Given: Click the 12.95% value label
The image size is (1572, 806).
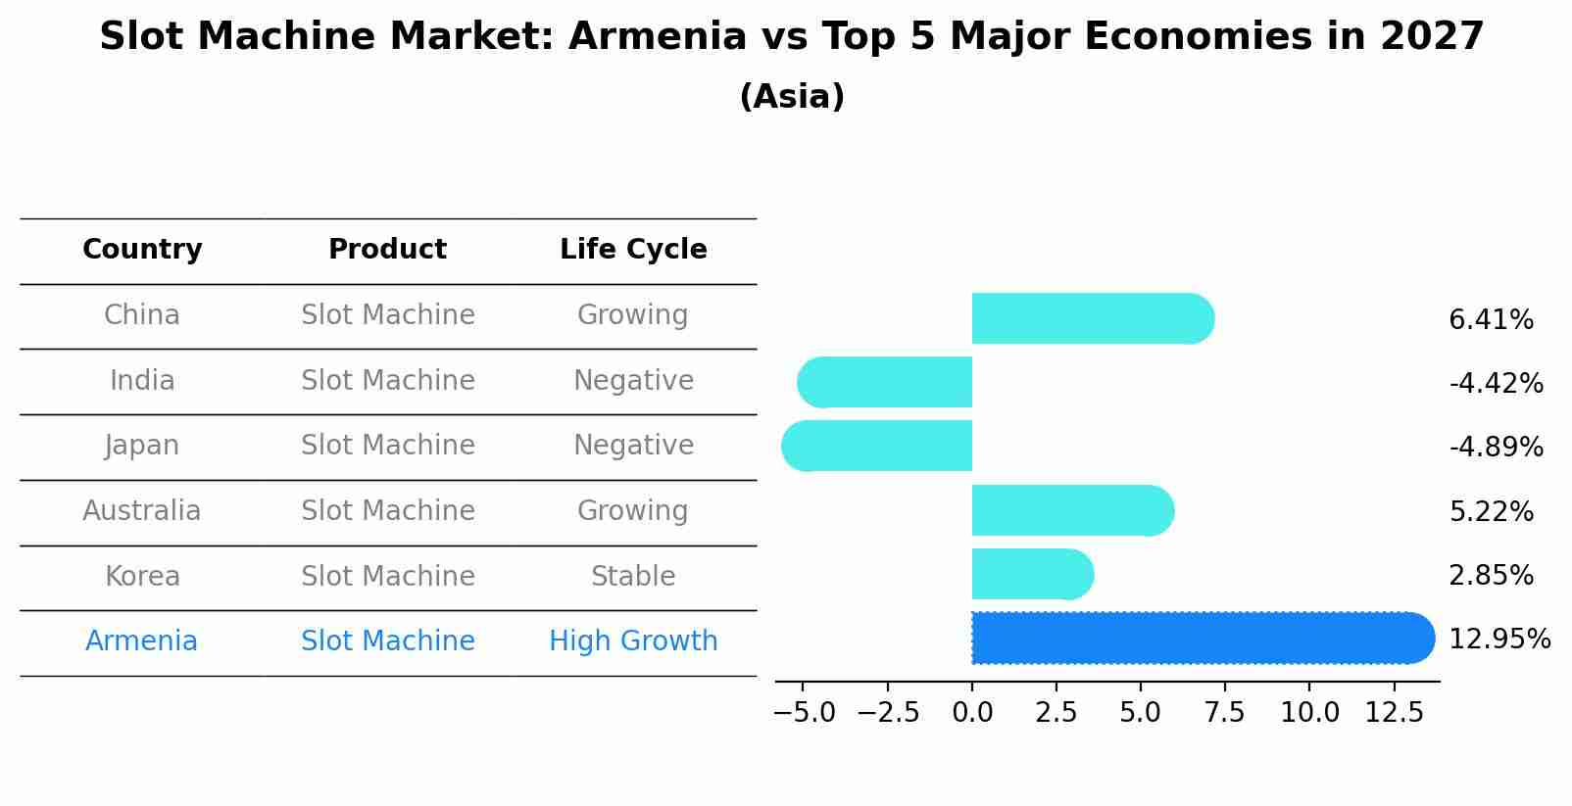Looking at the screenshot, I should (x=1498, y=640).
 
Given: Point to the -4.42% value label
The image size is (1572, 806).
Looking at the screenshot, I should (x=1496, y=383).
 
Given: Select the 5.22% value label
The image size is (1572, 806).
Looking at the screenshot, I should (x=1491, y=511).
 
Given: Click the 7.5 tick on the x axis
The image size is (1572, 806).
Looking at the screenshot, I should (x=1225, y=713).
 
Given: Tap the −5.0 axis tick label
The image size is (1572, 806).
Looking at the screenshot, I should (x=805, y=713).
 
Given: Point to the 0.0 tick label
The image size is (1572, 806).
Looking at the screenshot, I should (x=972, y=713).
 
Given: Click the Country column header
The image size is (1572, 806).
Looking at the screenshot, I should (x=142, y=250).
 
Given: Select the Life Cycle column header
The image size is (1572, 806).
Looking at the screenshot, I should (x=633, y=250).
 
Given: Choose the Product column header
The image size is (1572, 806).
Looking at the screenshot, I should (x=387, y=250).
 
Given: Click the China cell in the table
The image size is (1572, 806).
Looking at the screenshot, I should (x=142, y=315).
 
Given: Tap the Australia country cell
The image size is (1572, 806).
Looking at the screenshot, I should (x=142, y=511).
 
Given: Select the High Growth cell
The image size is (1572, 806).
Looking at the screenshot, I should (x=633, y=641).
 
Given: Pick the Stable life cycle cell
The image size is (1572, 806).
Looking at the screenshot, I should (x=633, y=577).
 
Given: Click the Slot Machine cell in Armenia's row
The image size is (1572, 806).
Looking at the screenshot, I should (x=387, y=641).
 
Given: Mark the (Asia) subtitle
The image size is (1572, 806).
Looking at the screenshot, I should (x=792, y=97).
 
